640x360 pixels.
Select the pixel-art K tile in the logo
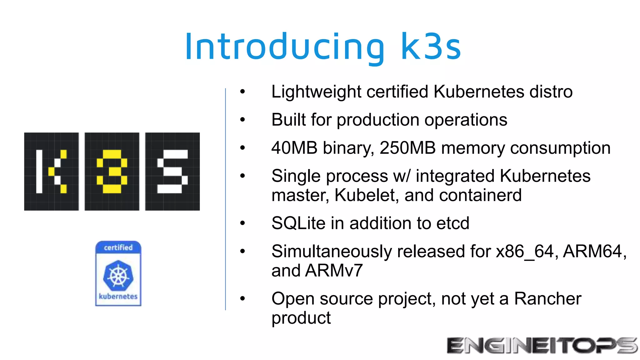point(52,172)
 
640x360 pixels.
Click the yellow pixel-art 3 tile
point(112,172)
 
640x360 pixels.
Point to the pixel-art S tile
point(172,172)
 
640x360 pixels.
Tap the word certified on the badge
point(118,247)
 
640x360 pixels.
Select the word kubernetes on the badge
point(118,296)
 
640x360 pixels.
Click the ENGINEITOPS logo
point(542,346)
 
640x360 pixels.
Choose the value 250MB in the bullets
point(407,148)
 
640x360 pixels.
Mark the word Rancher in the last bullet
point(547,299)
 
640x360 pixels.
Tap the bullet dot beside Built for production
point(242,120)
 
